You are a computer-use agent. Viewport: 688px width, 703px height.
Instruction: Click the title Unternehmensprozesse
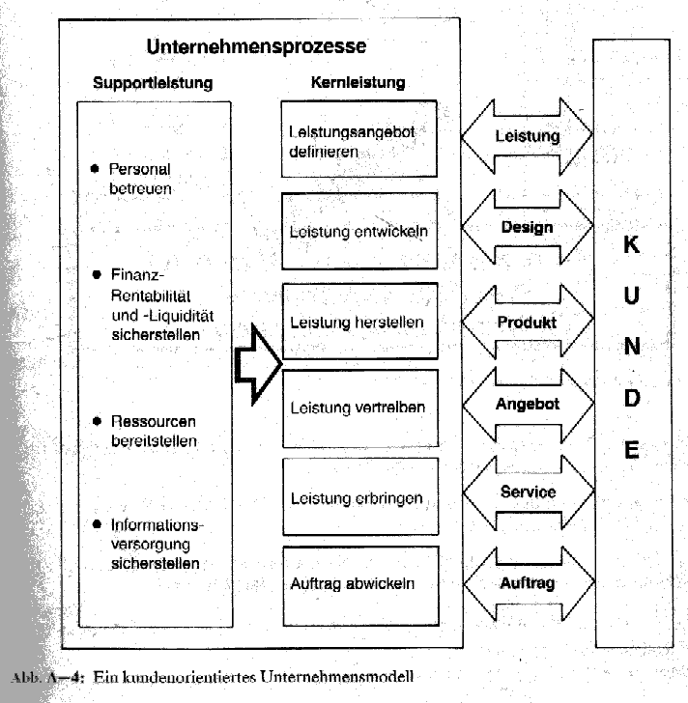[x=256, y=46]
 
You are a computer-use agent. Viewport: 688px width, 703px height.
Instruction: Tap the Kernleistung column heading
[x=358, y=83]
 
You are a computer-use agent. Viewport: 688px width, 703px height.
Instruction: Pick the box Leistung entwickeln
[x=358, y=232]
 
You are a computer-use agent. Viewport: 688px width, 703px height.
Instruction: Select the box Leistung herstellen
[x=358, y=322]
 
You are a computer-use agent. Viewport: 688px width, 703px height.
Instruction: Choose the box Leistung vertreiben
[x=358, y=407]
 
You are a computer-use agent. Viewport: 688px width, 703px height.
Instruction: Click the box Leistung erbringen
[x=358, y=497]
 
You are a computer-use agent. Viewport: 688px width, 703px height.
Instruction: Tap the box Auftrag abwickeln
[x=358, y=583]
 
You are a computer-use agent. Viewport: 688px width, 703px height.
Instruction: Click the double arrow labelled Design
[x=527, y=228]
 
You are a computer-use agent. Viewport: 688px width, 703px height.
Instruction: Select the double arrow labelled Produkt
[x=527, y=323]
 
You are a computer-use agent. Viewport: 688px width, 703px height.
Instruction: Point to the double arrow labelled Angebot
[x=527, y=405]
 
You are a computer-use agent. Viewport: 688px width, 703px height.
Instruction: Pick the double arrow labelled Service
[x=527, y=492]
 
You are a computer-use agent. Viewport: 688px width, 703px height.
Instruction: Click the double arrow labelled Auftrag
[x=527, y=583]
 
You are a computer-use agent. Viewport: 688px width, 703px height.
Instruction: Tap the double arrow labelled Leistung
[x=527, y=136]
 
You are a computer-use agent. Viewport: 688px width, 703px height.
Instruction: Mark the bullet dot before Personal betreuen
[x=95, y=168]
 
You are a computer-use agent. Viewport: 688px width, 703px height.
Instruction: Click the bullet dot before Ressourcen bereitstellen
[x=96, y=422]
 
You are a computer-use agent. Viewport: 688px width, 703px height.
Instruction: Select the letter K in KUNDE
[x=631, y=245]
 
